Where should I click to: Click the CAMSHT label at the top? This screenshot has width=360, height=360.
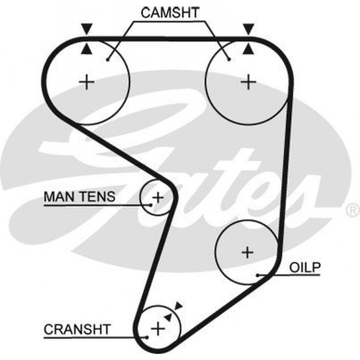[170, 13]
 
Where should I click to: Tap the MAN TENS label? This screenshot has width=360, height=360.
[80, 197]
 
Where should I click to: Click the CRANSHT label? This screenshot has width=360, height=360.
[77, 329]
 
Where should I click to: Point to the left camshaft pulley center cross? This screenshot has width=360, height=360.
[86, 82]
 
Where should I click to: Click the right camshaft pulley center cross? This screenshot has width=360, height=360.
[248, 82]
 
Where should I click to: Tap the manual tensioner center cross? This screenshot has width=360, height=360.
[158, 197]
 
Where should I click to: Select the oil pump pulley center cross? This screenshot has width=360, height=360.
[248, 252]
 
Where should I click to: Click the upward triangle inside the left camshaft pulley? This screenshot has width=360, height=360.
[87, 50]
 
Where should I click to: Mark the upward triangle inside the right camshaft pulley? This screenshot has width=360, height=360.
[248, 50]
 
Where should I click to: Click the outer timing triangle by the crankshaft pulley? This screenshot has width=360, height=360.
[178, 306]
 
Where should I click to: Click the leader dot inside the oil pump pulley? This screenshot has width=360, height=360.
[258, 275]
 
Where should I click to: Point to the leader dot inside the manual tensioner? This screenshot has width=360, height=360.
[150, 205]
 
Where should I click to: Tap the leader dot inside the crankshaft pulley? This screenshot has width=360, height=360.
[147, 337]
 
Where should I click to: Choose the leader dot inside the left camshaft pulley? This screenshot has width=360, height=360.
[107, 60]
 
